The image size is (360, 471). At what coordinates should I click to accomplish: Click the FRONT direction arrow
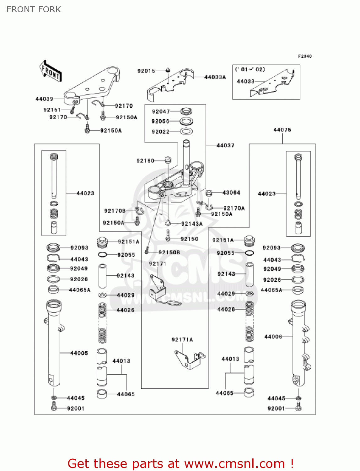coord(50,71)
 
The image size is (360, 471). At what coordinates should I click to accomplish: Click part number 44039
coord(44,99)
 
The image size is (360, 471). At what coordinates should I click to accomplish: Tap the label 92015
coord(146,71)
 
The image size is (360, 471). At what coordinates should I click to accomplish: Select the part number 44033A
coord(215,77)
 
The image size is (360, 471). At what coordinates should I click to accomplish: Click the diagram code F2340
coord(305,56)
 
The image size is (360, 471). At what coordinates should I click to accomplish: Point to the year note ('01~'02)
coord(250,69)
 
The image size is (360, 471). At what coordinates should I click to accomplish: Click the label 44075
coord(282,130)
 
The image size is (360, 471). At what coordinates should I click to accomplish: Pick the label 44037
coord(225,145)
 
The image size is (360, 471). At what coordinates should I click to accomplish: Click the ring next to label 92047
coord(186,111)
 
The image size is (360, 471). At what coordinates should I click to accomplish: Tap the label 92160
coord(145,161)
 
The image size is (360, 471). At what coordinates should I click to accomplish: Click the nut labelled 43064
coord(209,192)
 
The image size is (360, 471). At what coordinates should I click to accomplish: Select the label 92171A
coord(182,339)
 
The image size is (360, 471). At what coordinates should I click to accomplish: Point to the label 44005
coord(79,353)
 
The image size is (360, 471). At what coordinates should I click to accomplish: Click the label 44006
coord(273,337)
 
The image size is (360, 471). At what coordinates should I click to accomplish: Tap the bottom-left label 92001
coord(76,408)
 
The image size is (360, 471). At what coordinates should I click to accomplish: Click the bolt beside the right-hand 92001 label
coord(298,408)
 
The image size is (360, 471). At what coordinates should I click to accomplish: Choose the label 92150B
coord(169,252)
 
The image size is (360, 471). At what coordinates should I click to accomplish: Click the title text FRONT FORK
coord(34,9)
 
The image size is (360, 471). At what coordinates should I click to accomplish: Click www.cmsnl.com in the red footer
coord(234,463)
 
